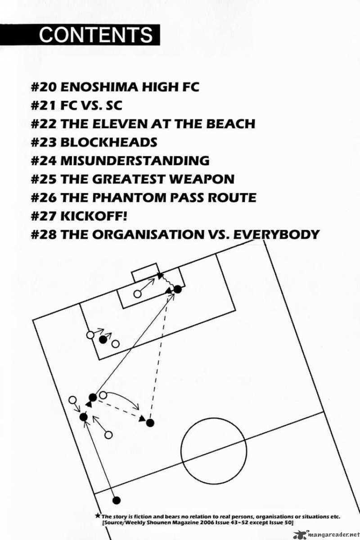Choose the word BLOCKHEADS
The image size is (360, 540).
click(x=108, y=142)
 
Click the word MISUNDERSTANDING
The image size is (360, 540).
click(x=135, y=161)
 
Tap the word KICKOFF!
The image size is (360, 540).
click(x=94, y=216)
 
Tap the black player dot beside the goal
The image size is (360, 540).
click(x=178, y=289)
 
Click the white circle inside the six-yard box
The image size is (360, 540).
click(x=137, y=294)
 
